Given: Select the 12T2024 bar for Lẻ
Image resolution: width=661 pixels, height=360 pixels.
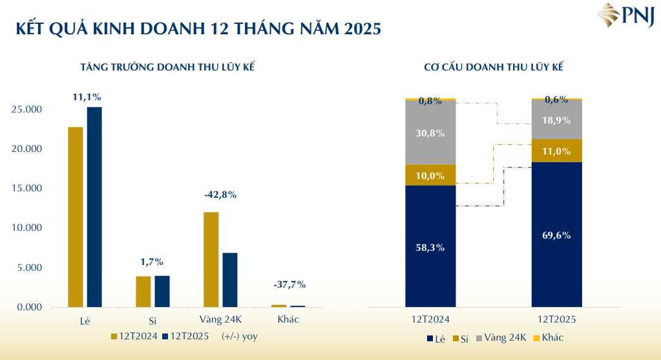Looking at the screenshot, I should pos(76,217).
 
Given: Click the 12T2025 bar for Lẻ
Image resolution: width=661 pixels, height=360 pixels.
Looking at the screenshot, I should pos(94,207).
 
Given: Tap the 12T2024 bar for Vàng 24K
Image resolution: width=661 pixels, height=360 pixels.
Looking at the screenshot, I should pos(211,259).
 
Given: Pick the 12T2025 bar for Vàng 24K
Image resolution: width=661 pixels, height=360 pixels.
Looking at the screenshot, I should pos(229,280).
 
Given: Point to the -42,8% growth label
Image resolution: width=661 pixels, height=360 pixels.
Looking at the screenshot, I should pos(220,194).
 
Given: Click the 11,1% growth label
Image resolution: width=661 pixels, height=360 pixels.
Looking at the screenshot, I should pos(86,97).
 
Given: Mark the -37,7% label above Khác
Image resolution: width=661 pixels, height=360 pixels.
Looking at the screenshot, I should pos(289,284).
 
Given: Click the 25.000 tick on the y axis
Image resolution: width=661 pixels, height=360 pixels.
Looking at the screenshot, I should pos(26,109).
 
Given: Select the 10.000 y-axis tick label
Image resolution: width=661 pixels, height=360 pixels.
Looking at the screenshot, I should pos(26,228).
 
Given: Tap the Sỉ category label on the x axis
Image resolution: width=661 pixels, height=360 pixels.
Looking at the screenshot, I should pos(153,320).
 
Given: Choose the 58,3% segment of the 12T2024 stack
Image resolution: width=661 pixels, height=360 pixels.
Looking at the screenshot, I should pos(430,246).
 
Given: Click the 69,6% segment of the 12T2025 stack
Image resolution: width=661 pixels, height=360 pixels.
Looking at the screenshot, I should pos(556,235).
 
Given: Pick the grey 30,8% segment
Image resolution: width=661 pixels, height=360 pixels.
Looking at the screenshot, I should pos(430,132).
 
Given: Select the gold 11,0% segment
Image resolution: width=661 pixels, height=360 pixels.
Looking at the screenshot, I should pos(556,151).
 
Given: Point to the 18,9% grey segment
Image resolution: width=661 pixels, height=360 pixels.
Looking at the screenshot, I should pos(556,120).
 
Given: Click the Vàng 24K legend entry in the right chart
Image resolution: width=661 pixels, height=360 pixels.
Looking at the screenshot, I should pos(504,337).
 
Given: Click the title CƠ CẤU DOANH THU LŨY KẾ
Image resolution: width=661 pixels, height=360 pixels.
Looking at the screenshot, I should pos(494,67).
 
